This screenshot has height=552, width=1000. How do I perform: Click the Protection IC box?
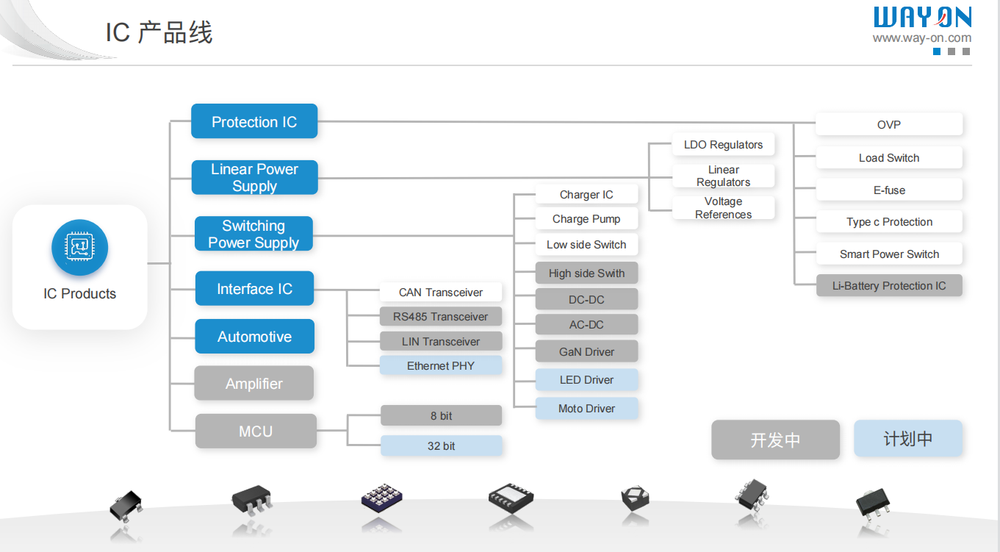pos(254,121)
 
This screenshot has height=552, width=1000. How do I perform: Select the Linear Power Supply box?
pos(254,177)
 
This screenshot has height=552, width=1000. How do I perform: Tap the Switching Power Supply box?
pos(253,234)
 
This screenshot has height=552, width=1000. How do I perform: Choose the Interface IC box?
pos(254,289)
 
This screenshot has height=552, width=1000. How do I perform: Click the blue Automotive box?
pos(254,337)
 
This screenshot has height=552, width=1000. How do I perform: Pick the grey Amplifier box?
pos(254,383)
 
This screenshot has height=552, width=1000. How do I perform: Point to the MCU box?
pos(255,431)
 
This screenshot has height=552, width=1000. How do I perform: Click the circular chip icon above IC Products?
pos(79,248)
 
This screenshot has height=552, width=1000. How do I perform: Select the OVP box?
pos(888,124)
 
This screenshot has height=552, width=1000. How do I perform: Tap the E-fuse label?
pos(888,190)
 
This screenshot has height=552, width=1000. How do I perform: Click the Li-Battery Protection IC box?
pos(888,285)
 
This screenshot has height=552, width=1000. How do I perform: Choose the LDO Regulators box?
pos(723,144)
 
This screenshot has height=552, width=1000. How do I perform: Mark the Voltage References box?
pos(723,207)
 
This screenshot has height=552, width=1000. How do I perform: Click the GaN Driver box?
pos(586,351)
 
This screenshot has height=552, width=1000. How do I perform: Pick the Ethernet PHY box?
pos(441,365)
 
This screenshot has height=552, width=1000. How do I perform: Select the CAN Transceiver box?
pos(441,292)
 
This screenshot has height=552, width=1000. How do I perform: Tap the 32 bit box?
pos(441,445)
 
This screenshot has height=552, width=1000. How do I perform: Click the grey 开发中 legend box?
pos(775,440)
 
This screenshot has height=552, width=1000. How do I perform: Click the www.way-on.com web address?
pos(921,38)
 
